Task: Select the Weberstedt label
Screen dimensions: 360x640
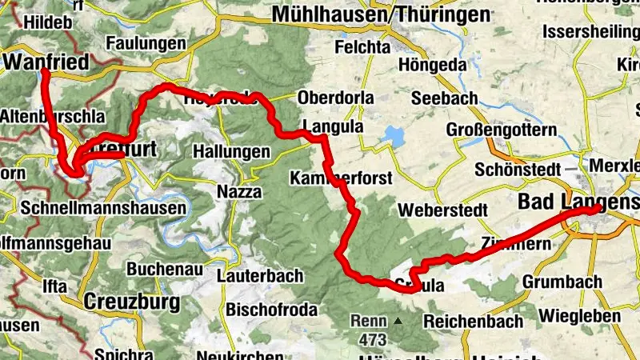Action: [443, 210]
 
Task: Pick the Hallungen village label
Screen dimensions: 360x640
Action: [232, 151]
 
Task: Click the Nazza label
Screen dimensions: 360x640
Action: [238, 191]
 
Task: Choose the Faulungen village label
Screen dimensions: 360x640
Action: [141, 42]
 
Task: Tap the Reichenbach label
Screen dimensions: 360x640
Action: [473, 321]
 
